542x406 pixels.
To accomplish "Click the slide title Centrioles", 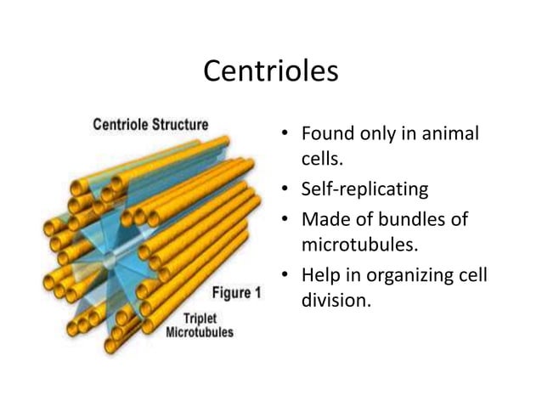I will point(270,71).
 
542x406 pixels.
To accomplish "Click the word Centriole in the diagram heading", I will point(122,124).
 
